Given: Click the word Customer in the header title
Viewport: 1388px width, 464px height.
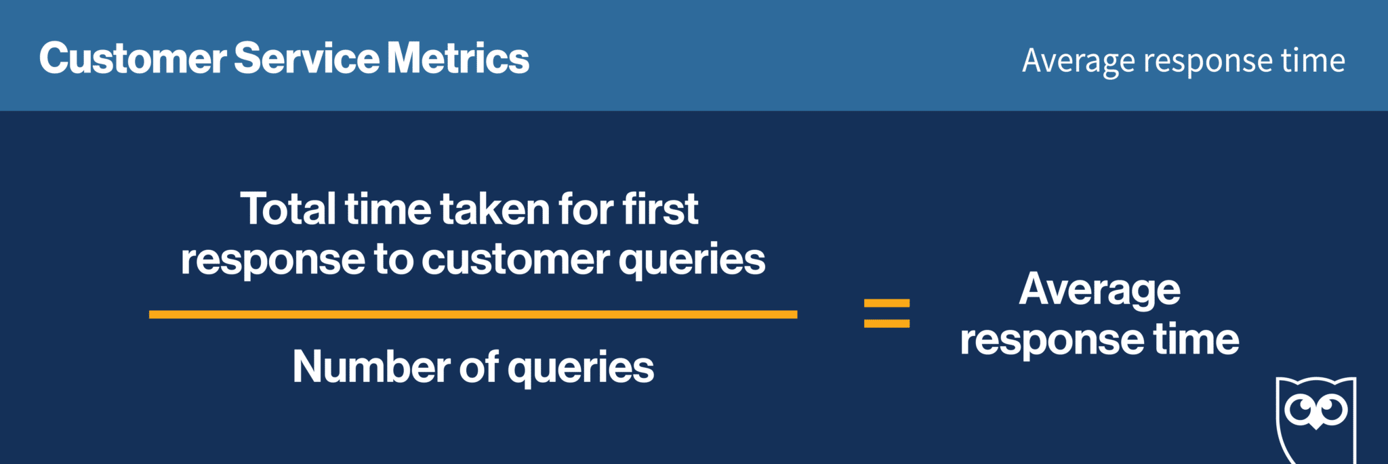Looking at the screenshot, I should tap(133, 59).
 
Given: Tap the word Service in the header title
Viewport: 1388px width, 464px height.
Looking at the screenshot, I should tap(306, 59).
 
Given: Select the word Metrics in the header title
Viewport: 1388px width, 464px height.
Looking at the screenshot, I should tap(458, 59).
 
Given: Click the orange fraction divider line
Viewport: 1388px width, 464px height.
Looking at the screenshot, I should tap(473, 314).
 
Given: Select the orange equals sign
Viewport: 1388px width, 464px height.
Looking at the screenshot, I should tap(886, 314).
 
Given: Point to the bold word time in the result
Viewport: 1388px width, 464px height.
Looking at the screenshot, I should tap(1196, 339).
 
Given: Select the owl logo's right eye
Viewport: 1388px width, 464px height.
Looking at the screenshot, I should tap(1333, 410).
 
